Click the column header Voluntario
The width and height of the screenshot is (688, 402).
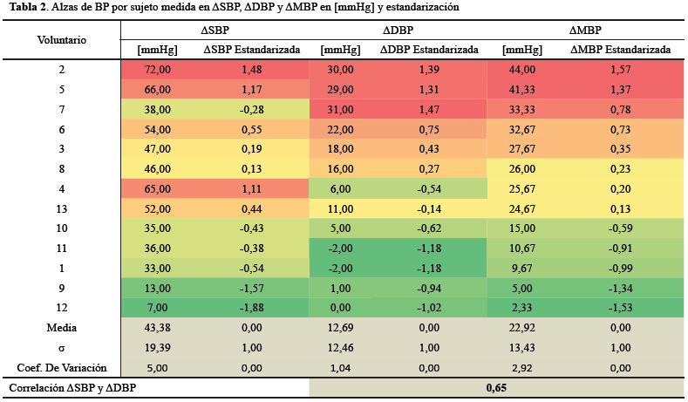coord(62,40)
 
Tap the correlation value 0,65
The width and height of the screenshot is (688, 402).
coord(496,387)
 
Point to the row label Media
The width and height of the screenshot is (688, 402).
coord(62,328)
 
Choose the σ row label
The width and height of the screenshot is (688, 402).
coord(62,347)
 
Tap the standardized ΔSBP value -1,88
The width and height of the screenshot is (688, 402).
coord(251,309)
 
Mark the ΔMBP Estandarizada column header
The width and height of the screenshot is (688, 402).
coord(620,51)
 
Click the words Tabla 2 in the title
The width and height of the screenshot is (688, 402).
coord(27,7)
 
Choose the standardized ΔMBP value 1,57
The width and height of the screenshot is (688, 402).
coord(620,69)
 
